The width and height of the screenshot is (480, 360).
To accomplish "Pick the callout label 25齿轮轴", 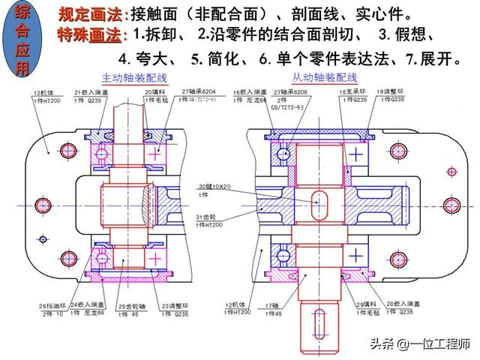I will [128, 305].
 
